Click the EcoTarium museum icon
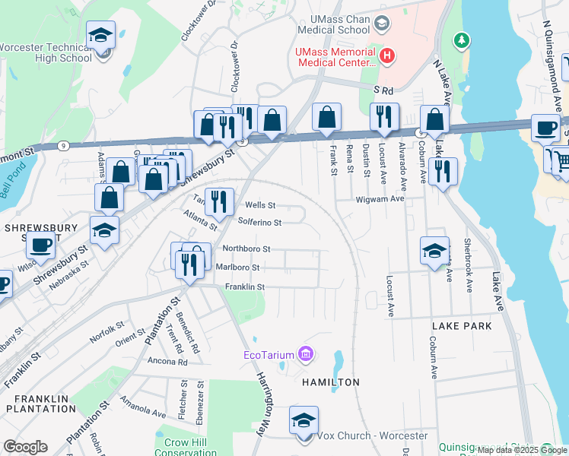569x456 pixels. pos(306,354)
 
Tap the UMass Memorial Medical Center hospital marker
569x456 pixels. pos(388,55)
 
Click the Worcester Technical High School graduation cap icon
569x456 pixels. pos(100,36)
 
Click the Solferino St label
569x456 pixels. pos(259,223)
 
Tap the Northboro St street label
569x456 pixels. pos(246,249)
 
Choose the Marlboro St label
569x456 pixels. pos(237,268)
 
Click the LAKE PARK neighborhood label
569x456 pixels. pos(461,325)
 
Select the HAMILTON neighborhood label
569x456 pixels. pos(329,382)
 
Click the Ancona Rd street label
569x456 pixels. pos(167,362)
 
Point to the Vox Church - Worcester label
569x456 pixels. pos(371,435)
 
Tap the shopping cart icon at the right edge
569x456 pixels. pos(561,160)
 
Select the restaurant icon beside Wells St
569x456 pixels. pos(219,201)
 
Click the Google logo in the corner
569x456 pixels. pos(25,447)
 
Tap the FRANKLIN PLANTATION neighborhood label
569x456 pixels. pos(39,403)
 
